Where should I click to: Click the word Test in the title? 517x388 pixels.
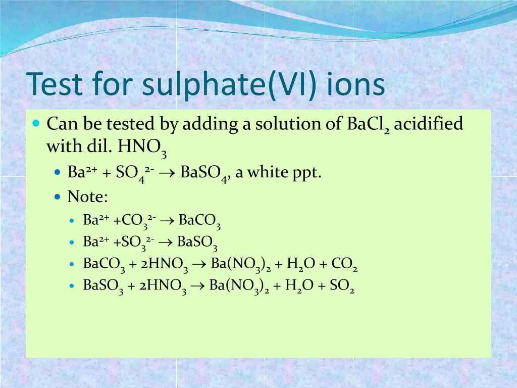coord(54,84)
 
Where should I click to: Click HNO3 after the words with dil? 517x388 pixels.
coord(142,148)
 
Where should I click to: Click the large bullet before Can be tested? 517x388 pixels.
coord(36,123)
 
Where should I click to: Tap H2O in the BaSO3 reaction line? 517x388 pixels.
coord(299,286)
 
